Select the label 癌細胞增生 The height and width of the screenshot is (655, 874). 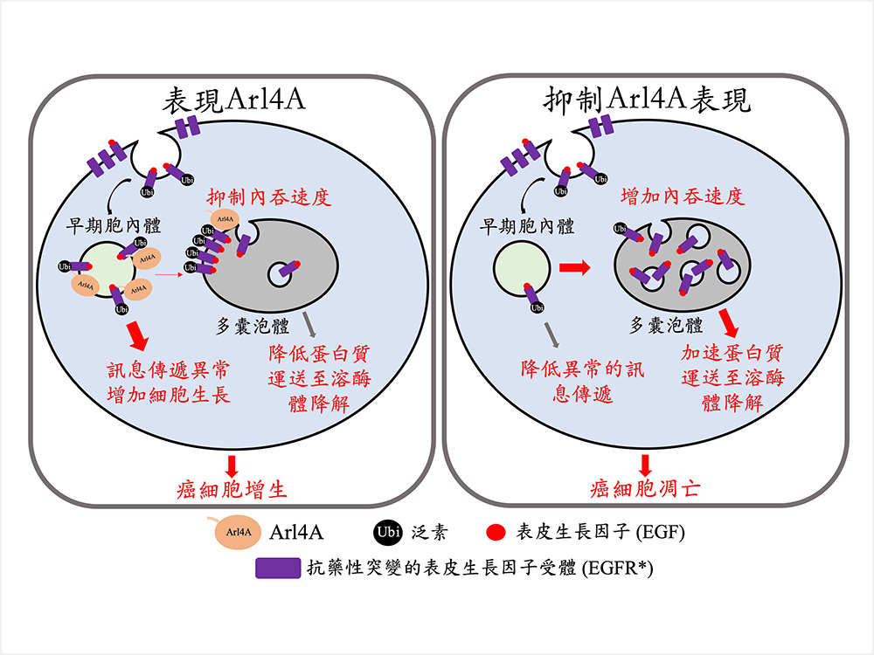(232, 488)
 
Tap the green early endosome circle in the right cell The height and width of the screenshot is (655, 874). (521, 269)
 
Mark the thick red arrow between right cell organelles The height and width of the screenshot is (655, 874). (575, 266)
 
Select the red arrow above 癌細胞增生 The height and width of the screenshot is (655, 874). (232, 463)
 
